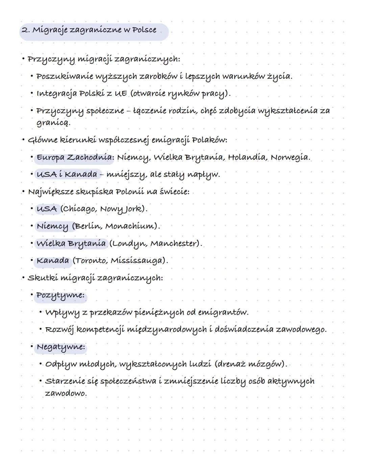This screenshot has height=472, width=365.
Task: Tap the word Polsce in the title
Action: coord(144,30)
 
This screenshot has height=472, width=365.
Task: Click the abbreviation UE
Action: coord(121,93)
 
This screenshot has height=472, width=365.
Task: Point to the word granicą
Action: coord(53,123)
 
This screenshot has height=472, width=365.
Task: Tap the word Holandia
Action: coord(247,157)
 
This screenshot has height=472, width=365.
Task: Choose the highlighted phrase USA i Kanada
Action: coord(67,175)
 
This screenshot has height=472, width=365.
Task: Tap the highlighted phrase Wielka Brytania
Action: coord(71,244)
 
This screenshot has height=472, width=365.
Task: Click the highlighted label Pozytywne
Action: coord(60,295)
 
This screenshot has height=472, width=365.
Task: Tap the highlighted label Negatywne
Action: coord(61,347)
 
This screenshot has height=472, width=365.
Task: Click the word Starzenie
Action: coord(65,381)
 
